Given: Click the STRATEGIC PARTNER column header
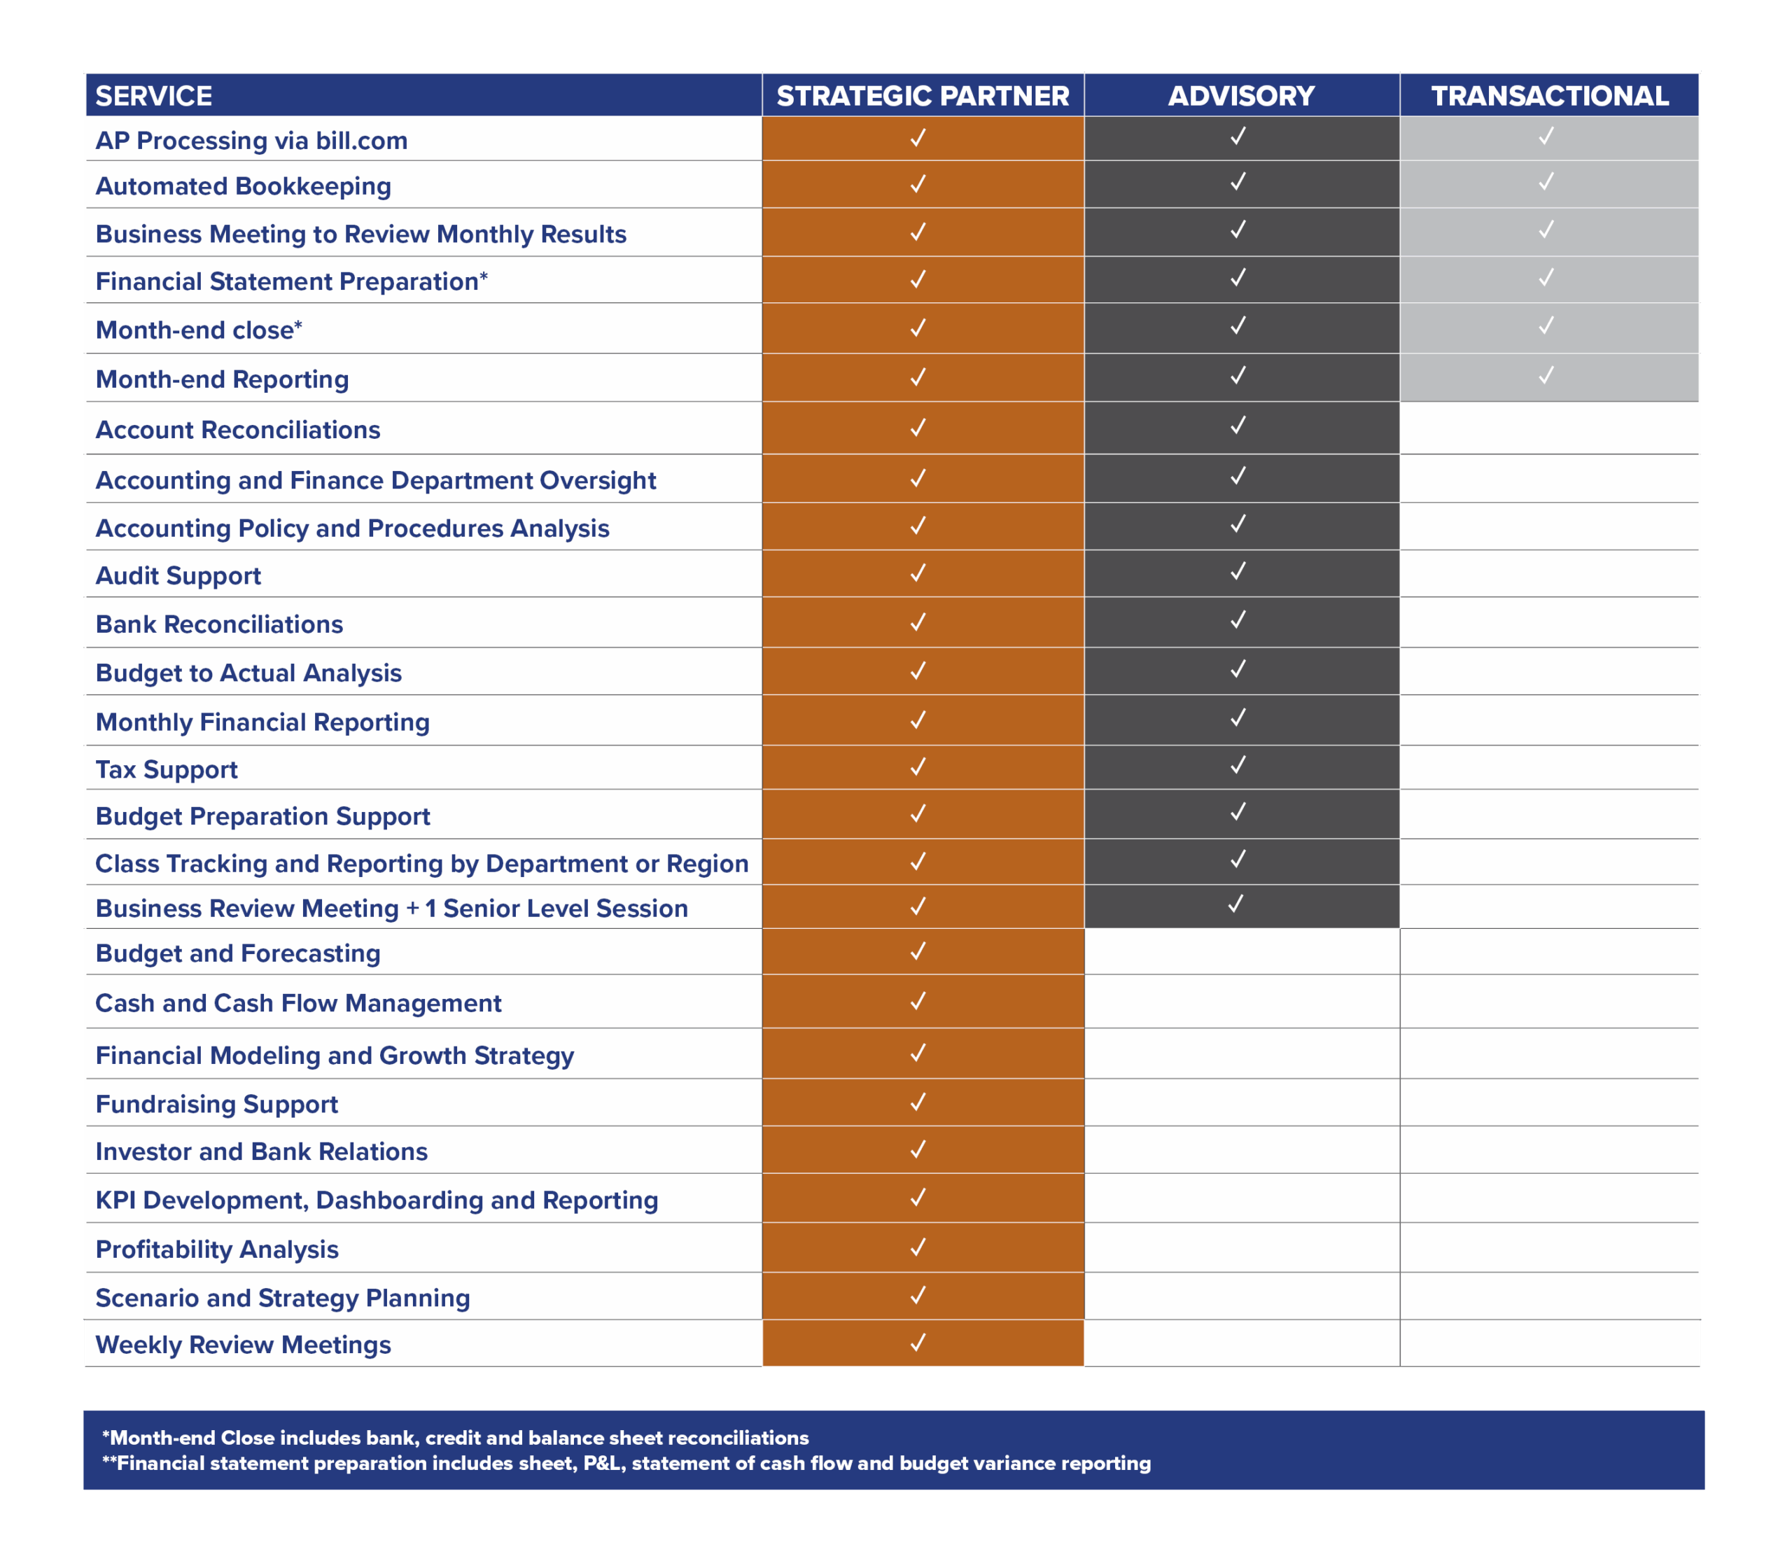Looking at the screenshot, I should pos(922,95).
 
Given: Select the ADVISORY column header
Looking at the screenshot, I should pos(1241,95).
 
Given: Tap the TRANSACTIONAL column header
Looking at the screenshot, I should pos(1549,95).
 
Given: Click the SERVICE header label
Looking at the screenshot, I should pos(154,95).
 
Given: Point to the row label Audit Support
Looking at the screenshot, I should pos(178,576).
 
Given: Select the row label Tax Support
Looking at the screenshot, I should pos(166,769).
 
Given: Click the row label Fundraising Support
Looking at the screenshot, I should pos(216,1105).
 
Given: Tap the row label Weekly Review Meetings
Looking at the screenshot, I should pos(243,1345).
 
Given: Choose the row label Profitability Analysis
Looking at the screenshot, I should pos(216,1249).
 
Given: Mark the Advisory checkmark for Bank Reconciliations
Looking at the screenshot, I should pos(1238,620).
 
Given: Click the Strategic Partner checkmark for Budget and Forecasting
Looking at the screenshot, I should pos(918,951).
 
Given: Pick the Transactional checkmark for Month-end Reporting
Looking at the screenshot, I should pos(1546,375).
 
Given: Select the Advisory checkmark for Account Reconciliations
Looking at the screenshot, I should pos(1238,426).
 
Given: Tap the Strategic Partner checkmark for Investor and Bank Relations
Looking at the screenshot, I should pos(918,1149).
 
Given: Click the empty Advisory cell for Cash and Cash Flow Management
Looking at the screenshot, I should pos(1241,1002).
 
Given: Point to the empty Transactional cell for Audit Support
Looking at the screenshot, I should pos(1549,573).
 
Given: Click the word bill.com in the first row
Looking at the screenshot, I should pos(361,141).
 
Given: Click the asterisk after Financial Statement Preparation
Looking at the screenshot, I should pos(484,278).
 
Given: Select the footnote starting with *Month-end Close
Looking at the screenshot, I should pos(456,1438).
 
